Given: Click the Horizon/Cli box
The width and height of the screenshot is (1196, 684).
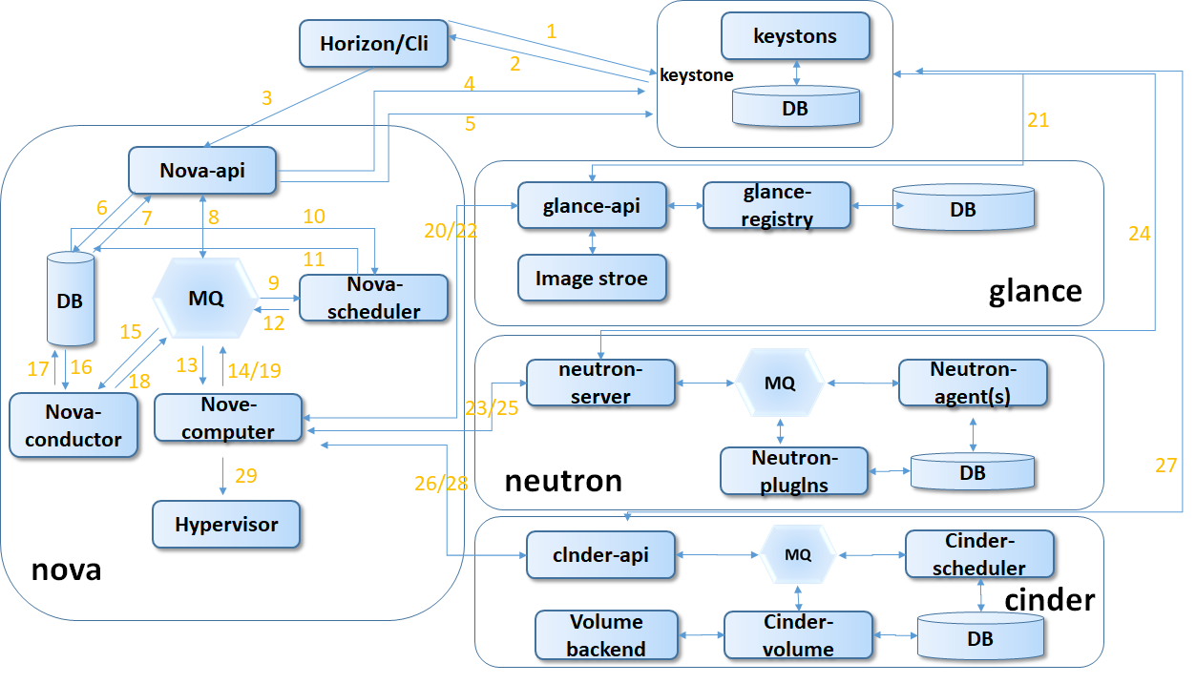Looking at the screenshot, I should coord(374,44).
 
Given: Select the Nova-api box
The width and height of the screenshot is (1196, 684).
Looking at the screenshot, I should coord(202,170).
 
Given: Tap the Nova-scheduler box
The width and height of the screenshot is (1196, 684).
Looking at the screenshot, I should coord(373,298).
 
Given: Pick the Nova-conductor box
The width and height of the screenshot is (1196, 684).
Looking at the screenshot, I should coord(73,425).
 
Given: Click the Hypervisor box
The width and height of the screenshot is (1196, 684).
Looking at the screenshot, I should coord(227,524).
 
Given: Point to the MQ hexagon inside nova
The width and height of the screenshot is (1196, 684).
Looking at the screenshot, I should coord(205,299).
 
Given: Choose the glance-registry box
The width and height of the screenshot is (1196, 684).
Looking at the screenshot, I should coord(776,205).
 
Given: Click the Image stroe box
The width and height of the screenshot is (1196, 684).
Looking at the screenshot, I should coord(592,279).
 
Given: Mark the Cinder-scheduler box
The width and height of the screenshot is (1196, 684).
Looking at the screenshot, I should coord(979,554).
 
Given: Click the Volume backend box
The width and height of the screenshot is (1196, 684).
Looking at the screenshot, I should coord(607,635).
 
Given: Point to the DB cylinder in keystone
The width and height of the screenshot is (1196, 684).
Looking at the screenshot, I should coord(795,107).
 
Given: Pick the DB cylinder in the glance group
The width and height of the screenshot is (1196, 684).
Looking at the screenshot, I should coord(963,207).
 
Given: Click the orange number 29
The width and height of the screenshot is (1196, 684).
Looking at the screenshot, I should coord(245,476).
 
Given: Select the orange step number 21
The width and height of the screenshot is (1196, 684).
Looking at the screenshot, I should coord(1038,120).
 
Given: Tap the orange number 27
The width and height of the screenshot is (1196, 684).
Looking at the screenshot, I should coord(1165,465).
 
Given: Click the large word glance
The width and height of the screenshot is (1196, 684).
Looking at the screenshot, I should coord(1035,290).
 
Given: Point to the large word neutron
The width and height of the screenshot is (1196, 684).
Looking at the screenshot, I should coord(563,480).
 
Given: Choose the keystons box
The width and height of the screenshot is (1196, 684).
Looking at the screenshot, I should coord(795,36).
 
